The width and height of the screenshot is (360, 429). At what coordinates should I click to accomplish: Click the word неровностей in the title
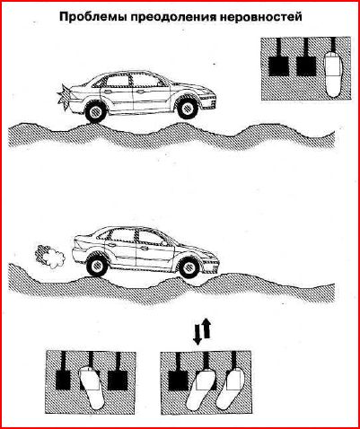point(261,17)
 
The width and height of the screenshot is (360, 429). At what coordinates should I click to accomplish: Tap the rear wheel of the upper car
point(96,112)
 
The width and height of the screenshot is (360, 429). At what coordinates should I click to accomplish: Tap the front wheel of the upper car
point(188,108)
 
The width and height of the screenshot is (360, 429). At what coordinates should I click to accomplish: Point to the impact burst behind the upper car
point(64,98)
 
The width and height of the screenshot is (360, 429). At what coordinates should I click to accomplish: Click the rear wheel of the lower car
point(97,265)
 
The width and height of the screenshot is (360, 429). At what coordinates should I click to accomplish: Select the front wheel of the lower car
point(189,267)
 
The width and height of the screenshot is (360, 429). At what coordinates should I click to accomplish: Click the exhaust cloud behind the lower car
point(50,257)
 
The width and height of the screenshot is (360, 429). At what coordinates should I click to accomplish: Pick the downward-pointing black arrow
point(198,334)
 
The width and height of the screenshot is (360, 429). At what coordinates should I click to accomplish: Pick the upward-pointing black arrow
point(207,328)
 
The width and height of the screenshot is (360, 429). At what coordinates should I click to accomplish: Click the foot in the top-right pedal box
point(334,74)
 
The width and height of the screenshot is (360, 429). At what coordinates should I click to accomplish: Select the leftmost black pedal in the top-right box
point(278,66)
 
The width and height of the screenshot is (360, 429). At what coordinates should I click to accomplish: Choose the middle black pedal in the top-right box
point(306,66)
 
